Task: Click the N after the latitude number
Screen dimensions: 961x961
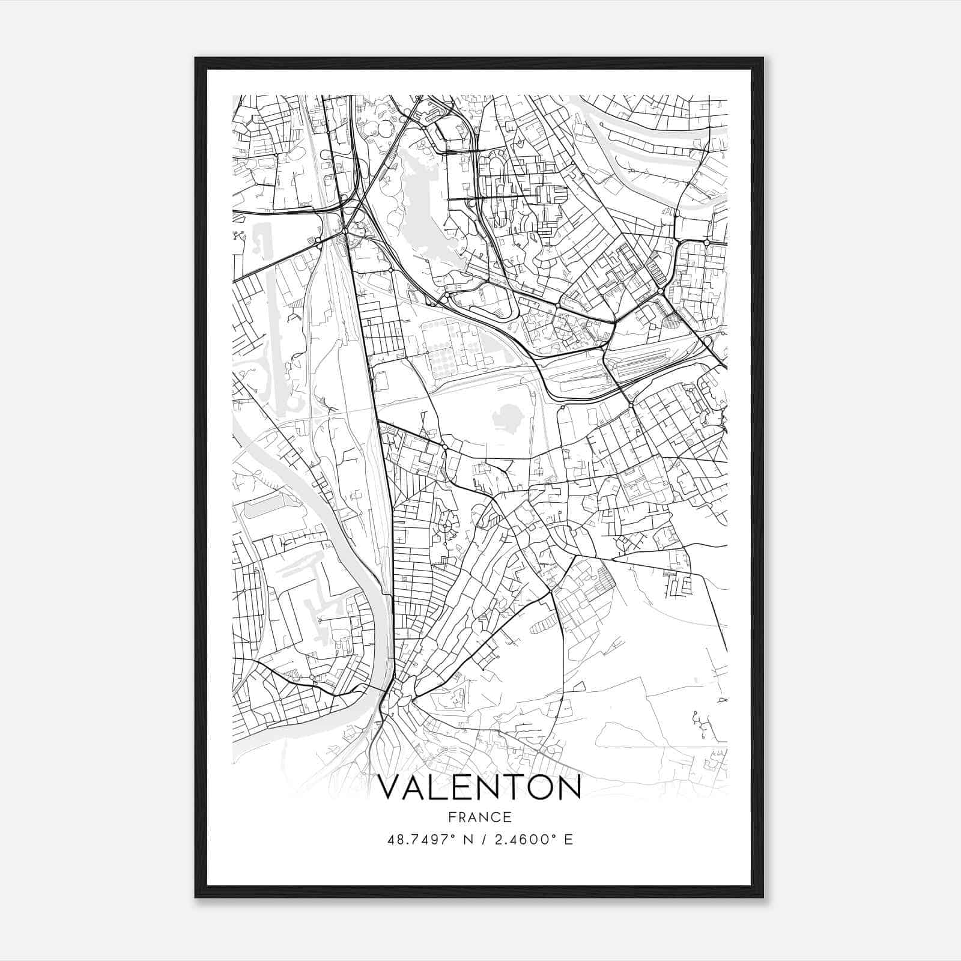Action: pyautogui.click(x=461, y=839)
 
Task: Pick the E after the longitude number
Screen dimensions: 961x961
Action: pyautogui.click(x=568, y=839)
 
